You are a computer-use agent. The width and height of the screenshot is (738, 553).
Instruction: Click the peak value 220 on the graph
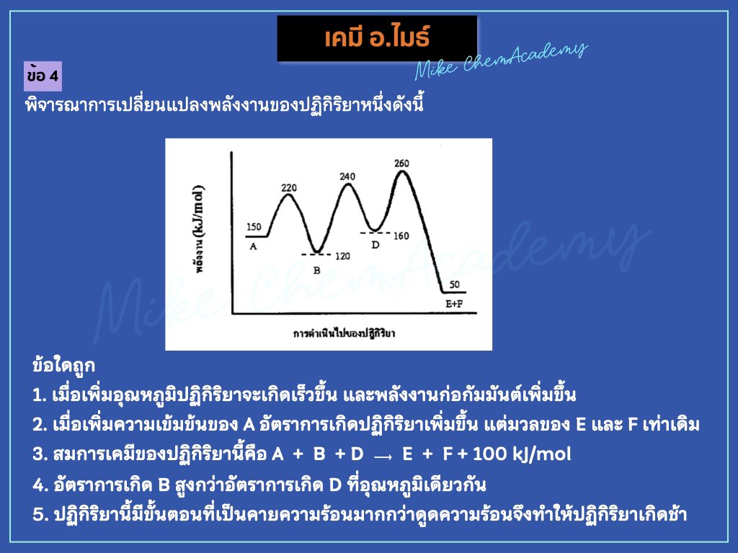(x=288, y=189)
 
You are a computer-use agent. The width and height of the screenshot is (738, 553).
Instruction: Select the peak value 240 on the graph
(x=347, y=176)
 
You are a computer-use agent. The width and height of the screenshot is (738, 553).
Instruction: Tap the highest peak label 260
(x=401, y=163)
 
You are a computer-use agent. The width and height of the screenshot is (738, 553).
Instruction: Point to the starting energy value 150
(x=254, y=227)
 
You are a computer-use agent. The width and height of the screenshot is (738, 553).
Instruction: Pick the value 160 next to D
(x=401, y=236)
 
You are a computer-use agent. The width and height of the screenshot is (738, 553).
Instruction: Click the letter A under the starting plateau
(x=253, y=246)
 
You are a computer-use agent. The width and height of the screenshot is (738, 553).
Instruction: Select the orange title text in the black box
(x=377, y=38)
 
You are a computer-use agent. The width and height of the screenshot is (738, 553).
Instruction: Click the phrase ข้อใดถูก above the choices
(x=64, y=365)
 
